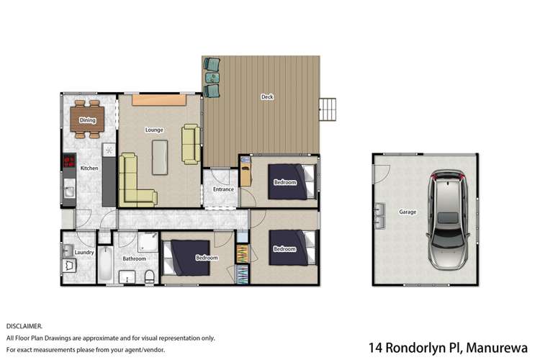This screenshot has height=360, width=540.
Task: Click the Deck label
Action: tap(267, 96)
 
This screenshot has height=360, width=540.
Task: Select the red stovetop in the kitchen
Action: tap(70, 162)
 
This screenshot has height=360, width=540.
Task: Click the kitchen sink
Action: tap(69, 193)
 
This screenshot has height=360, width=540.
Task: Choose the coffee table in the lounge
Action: tap(161, 156)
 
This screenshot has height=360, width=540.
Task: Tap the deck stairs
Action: tap(329, 110)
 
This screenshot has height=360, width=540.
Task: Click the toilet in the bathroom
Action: tap(149, 276)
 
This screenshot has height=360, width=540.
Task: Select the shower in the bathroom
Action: tap(149, 243)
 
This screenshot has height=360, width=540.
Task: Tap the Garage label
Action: tap(407, 212)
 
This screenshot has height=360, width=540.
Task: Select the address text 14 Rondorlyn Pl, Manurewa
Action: tap(451, 347)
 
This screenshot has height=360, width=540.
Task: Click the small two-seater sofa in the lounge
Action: tap(191, 143)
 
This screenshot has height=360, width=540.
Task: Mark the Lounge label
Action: tap(154, 130)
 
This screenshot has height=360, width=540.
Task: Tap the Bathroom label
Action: tap(134, 258)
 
